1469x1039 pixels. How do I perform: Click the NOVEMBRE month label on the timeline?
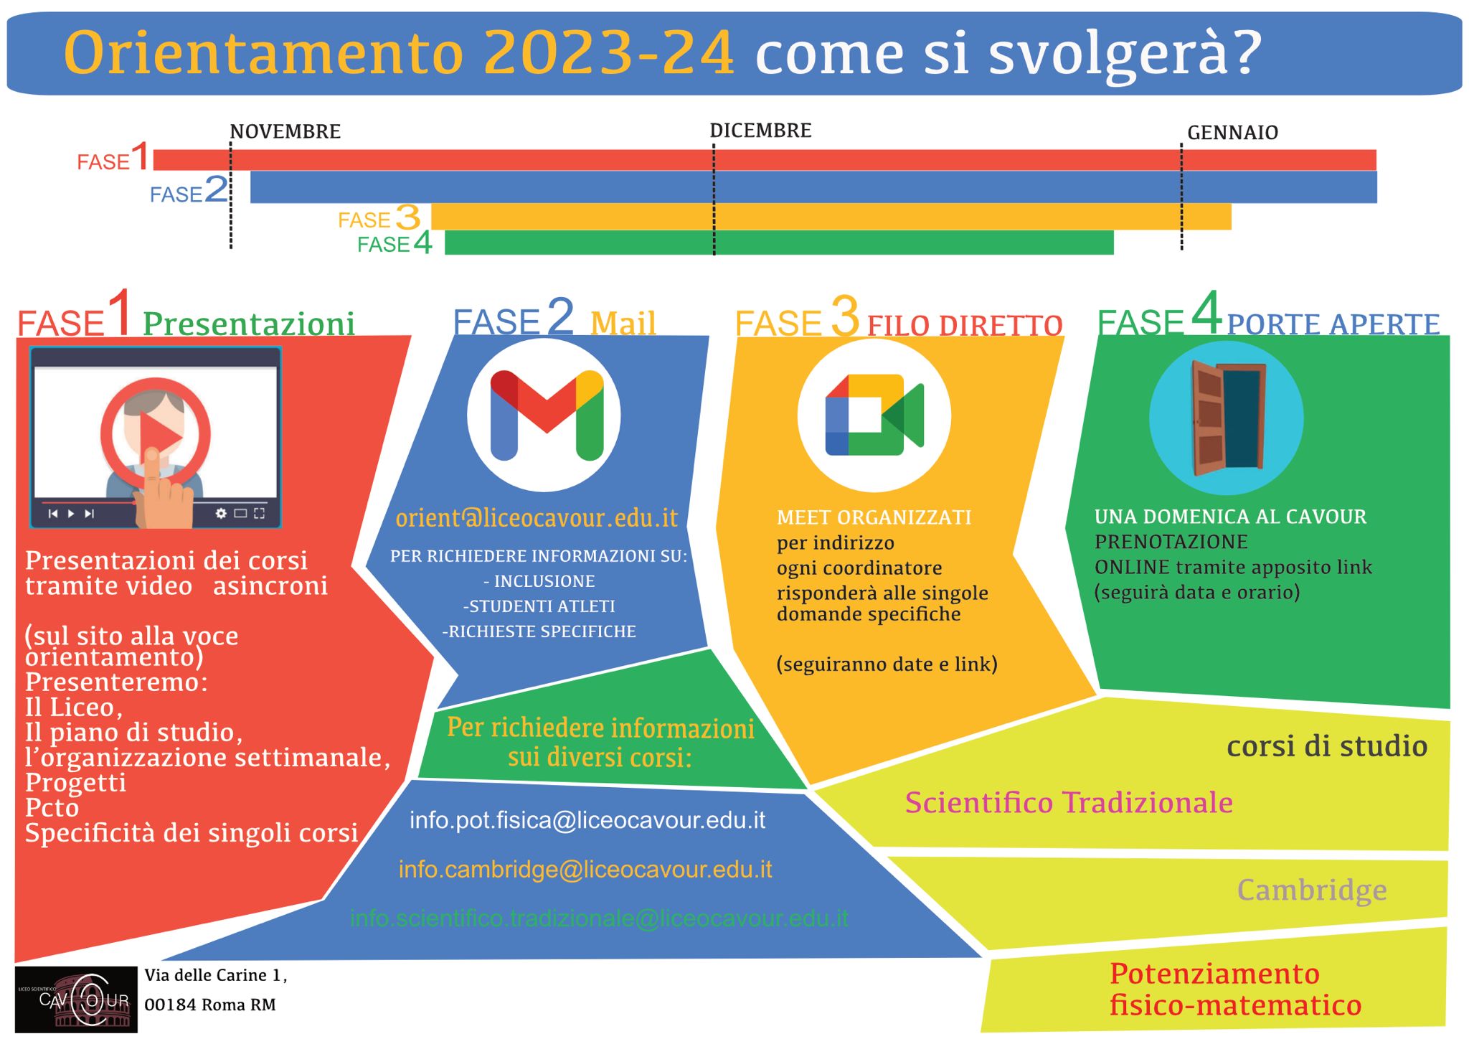pos(285,131)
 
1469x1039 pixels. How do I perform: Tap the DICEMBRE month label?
pos(760,131)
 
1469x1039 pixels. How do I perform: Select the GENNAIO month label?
pos(1232,133)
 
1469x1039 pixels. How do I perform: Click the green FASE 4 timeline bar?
pos(779,243)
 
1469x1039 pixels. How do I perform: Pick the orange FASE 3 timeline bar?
pos(831,217)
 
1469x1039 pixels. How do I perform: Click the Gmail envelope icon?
pos(547,415)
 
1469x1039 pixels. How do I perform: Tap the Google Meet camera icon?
pos(874,415)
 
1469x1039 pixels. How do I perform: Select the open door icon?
pos(1228,418)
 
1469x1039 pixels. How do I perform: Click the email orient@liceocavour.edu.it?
pos(537,517)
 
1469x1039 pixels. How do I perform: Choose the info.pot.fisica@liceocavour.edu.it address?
pos(587,820)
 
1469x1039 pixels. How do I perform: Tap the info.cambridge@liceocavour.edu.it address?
pos(585,870)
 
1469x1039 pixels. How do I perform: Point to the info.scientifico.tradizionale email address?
pos(599,918)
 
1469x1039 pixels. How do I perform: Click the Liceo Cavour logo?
pos(76,1000)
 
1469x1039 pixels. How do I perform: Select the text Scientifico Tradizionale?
pos(1069,803)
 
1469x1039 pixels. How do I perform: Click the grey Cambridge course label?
pos(1312,890)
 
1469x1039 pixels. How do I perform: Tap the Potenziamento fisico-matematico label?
pos(1235,989)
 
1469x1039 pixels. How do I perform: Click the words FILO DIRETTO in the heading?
pos(965,325)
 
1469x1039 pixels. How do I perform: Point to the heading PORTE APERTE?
pos(1333,324)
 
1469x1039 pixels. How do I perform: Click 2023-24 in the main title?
pos(609,52)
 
